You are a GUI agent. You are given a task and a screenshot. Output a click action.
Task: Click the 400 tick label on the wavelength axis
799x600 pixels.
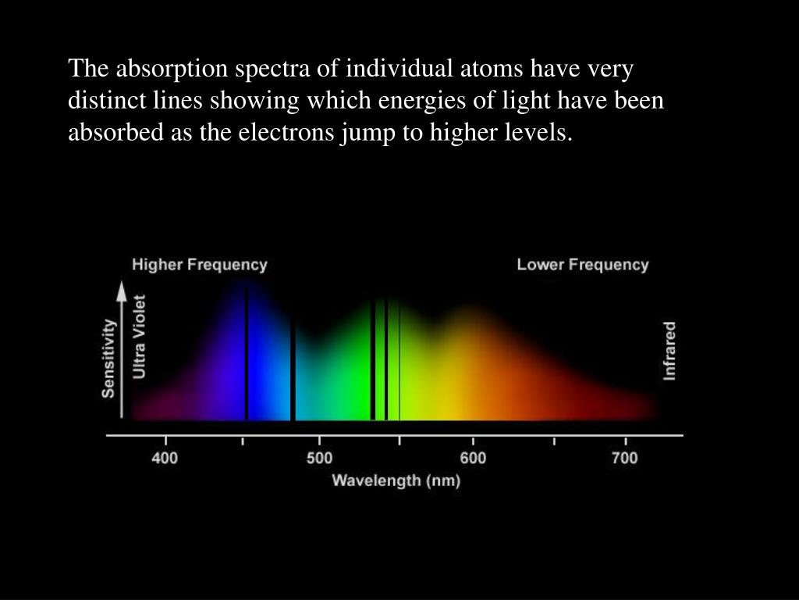pos(165,458)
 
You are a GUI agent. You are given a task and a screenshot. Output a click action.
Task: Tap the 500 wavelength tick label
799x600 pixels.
pos(319,458)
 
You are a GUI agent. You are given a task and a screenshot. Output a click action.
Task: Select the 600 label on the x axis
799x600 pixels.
pos(473,458)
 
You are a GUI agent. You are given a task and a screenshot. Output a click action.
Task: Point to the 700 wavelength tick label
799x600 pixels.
pos(625,458)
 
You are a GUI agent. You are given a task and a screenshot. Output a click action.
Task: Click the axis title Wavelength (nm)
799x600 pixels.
pos(396,480)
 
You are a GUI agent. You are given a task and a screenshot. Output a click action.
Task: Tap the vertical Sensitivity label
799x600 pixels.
pos(108,358)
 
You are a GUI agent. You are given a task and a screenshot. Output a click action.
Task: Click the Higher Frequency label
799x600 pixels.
pos(199,265)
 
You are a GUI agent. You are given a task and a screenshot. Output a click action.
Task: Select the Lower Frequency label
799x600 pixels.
pos(582,265)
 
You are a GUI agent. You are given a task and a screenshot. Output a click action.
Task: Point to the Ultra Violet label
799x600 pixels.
pos(139,337)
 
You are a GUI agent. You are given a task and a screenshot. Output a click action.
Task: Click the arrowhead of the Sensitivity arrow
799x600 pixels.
pos(121,290)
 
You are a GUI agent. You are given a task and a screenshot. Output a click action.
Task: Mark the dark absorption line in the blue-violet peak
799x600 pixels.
pos(247,353)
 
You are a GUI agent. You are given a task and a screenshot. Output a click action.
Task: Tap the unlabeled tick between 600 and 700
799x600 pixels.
pos(554,441)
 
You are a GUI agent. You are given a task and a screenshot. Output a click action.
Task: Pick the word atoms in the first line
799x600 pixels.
pos(492,68)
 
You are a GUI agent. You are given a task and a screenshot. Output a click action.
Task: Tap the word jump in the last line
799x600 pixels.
pos(368,134)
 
